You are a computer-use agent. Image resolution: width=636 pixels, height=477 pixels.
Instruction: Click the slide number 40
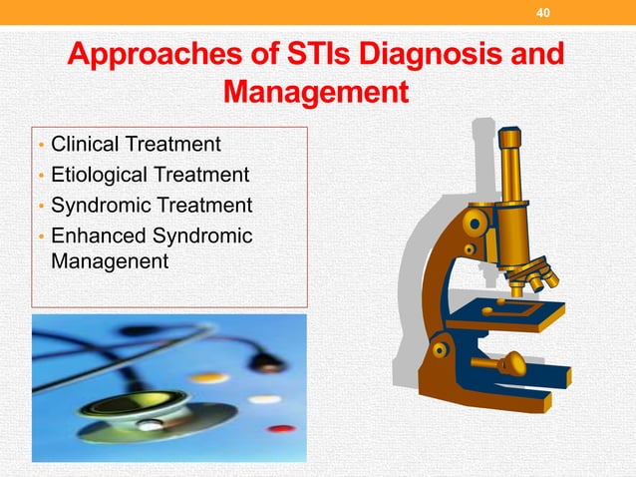(x=542, y=13)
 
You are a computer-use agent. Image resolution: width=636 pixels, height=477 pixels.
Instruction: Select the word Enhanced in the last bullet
(x=96, y=237)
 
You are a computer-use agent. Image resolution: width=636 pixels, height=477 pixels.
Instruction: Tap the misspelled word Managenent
(x=109, y=261)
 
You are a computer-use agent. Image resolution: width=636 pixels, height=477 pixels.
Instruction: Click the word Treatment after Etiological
(x=200, y=176)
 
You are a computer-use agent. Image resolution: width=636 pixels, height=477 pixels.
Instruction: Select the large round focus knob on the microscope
(x=475, y=222)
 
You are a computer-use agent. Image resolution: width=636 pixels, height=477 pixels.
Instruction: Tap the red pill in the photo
(x=283, y=429)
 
